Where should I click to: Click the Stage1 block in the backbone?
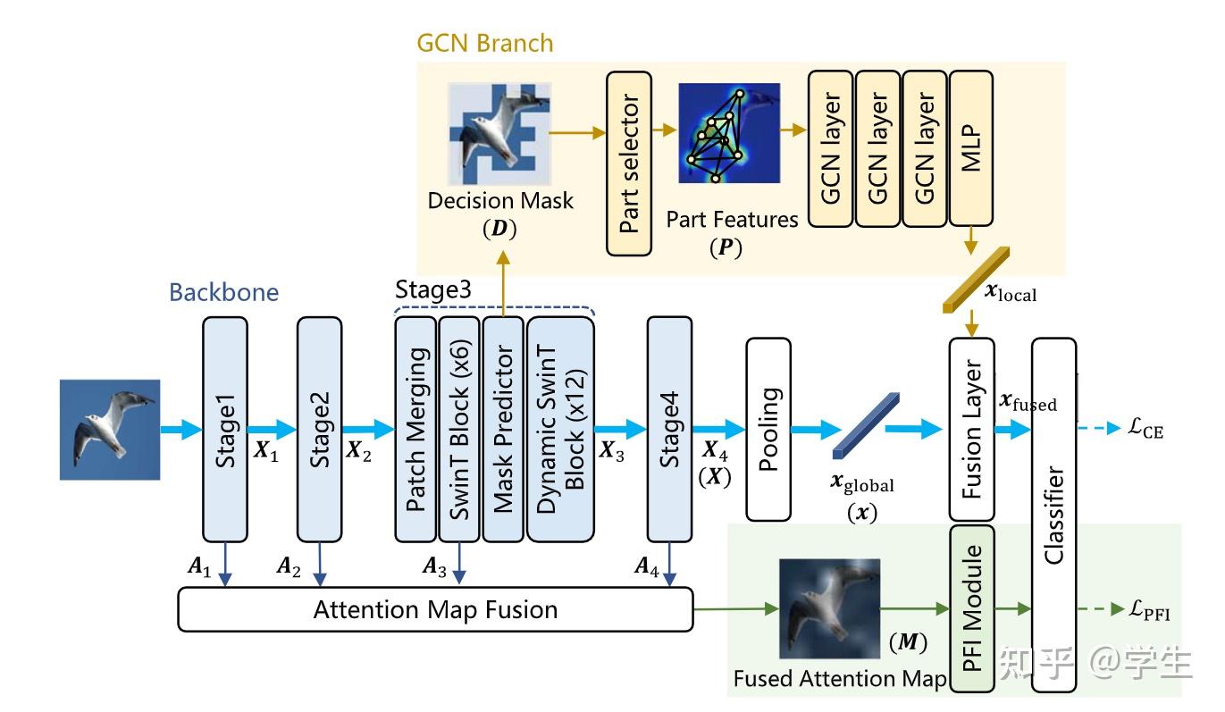(226, 429)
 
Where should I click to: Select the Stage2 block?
(319, 429)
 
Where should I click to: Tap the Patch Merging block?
(415, 429)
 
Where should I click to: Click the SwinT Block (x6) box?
(459, 429)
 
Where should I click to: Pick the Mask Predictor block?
(503, 429)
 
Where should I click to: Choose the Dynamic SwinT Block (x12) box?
(560, 429)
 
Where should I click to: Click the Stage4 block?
(670, 429)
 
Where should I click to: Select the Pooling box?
(768, 429)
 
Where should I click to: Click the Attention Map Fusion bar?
(436, 610)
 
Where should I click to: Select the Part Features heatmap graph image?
(728, 133)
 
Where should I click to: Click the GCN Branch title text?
(484, 42)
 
